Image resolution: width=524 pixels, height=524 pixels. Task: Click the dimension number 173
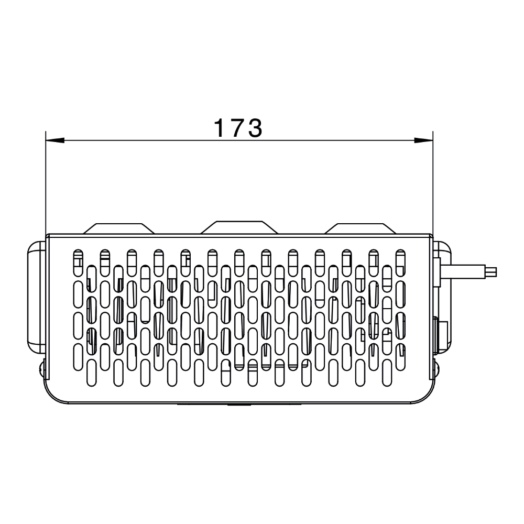(238, 128)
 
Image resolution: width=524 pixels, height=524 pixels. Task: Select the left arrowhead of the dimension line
(55, 140)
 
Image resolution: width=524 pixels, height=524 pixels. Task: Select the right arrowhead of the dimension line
(424, 140)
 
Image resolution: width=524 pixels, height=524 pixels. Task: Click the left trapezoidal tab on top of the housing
(118, 228)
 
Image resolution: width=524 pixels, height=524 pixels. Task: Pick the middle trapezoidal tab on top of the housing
(239, 227)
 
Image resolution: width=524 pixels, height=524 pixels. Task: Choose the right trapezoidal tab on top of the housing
(361, 228)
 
